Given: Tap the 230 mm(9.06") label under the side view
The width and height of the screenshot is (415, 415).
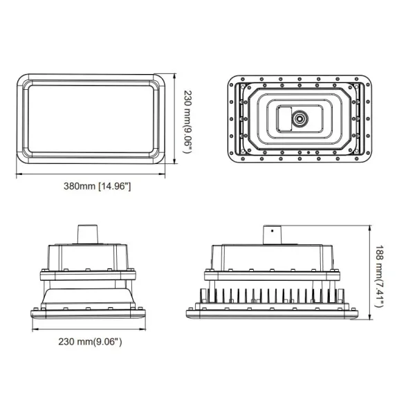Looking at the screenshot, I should (x=90, y=341).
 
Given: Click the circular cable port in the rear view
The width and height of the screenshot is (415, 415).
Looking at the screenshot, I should (x=300, y=119).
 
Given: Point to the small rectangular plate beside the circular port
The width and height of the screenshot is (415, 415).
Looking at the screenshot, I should (x=284, y=119).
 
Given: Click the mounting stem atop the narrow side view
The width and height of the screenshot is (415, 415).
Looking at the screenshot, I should (x=87, y=234).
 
